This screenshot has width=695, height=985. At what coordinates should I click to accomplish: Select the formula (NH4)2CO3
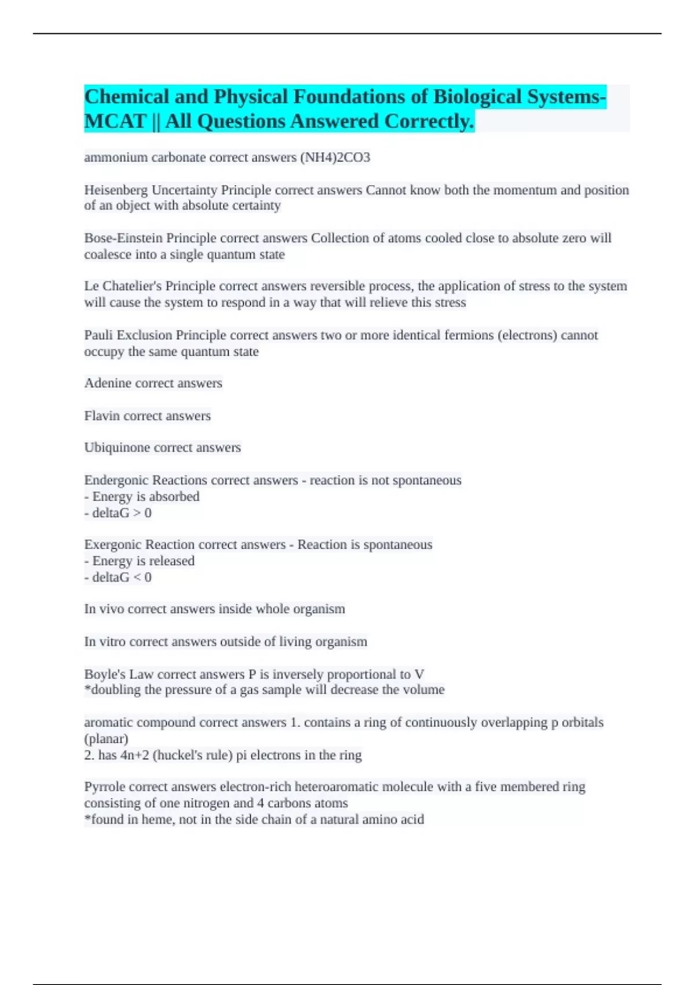[x=335, y=158]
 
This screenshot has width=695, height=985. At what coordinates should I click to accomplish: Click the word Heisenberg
[x=116, y=190]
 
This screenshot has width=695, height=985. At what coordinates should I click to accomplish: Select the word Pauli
[x=99, y=335]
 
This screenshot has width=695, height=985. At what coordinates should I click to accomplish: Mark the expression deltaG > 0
[x=122, y=513]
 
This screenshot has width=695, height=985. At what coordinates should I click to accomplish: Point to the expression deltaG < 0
[x=122, y=578]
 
